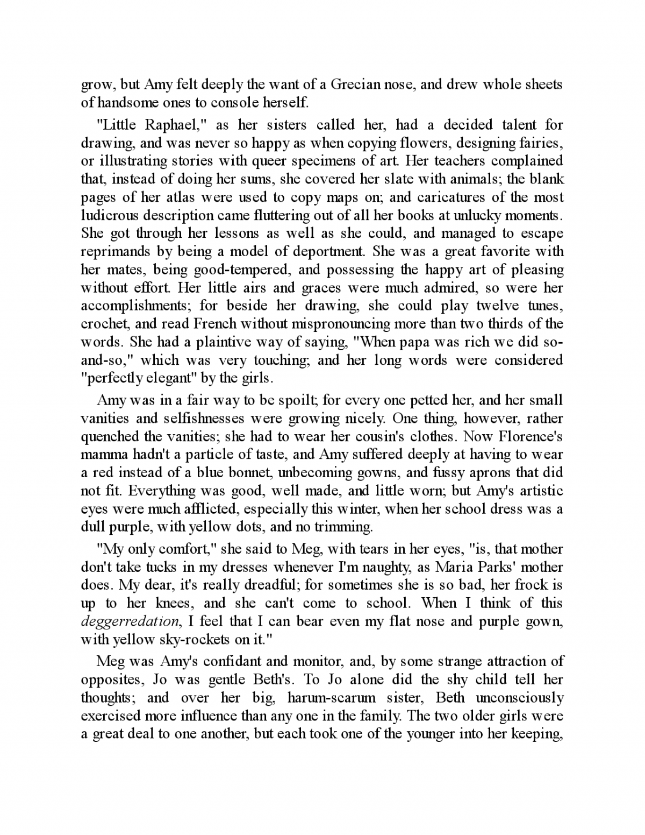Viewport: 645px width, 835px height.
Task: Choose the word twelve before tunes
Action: coord(498,306)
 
